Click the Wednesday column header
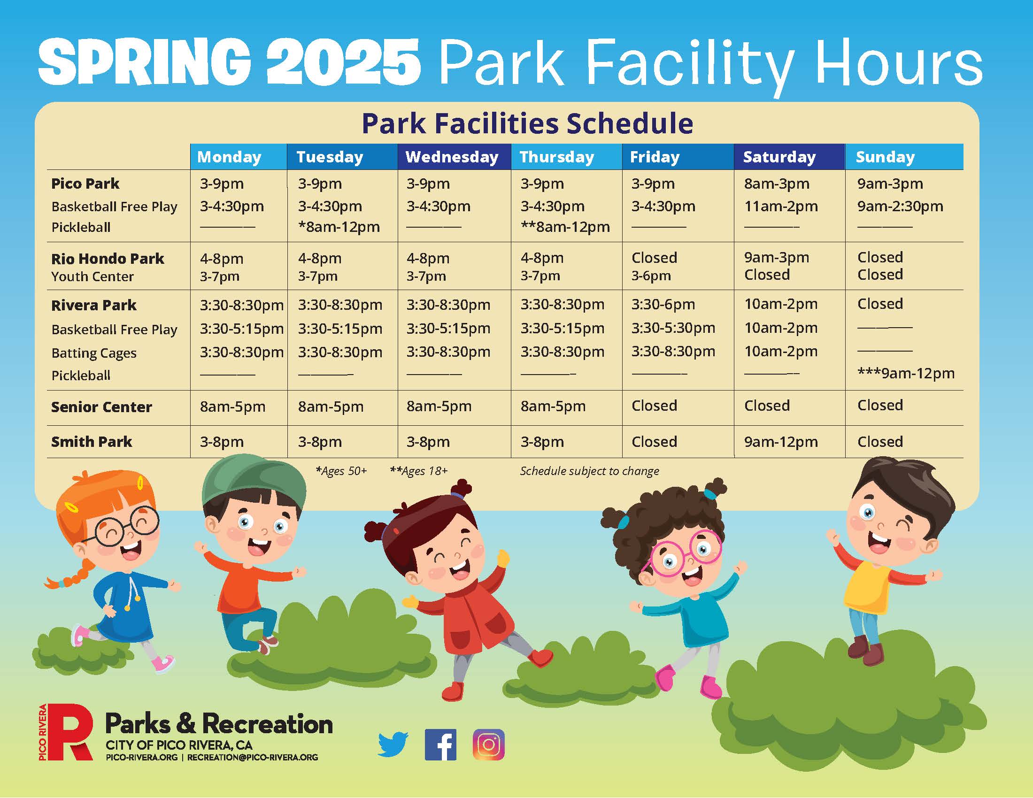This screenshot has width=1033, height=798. point(452,157)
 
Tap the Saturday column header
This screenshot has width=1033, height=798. point(779,157)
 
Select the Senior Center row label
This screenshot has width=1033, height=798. point(101,407)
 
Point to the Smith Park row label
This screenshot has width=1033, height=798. point(91,442)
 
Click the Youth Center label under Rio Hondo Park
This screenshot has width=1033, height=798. point(92,276)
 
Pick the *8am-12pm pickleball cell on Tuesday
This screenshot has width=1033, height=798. point(339,227)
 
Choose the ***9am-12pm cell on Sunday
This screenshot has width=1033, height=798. point(906,374)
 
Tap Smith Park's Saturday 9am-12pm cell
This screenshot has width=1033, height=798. point(780,442)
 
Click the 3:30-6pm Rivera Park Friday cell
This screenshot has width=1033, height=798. point(663,305)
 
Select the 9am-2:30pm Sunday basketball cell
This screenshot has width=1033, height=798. point(900,206)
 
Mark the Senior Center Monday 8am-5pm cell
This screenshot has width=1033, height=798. point(232,407)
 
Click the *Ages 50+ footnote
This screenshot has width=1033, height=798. point(341,471)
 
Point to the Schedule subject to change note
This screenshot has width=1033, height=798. point(589,471)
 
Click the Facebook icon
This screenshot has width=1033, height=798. point(440,744)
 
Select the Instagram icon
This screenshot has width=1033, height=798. point(489,744)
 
